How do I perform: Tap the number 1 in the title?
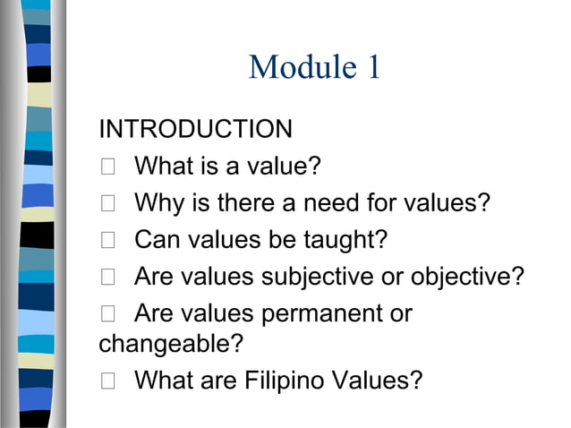[371, 67]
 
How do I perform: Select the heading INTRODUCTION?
[195, 129]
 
